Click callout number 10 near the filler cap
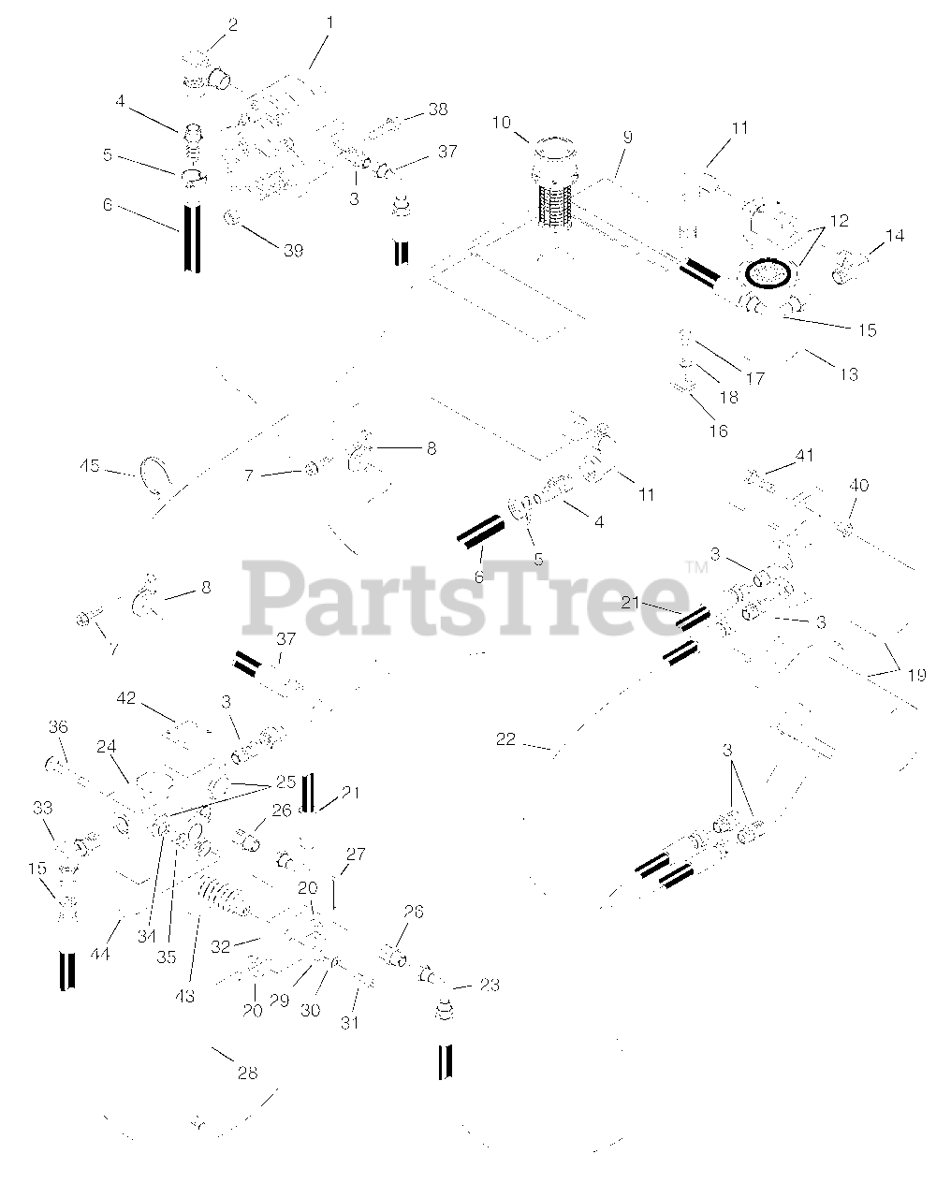click(502, 123)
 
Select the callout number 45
click(90, 465)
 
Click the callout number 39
click(293, 251)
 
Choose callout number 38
click(438, 110)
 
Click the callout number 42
click(125, 698)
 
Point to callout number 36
click(58, 727)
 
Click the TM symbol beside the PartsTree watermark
click(697, 568)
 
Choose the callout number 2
click(233, 25)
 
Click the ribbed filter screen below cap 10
click(554, 205)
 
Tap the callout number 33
click(43, 808)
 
